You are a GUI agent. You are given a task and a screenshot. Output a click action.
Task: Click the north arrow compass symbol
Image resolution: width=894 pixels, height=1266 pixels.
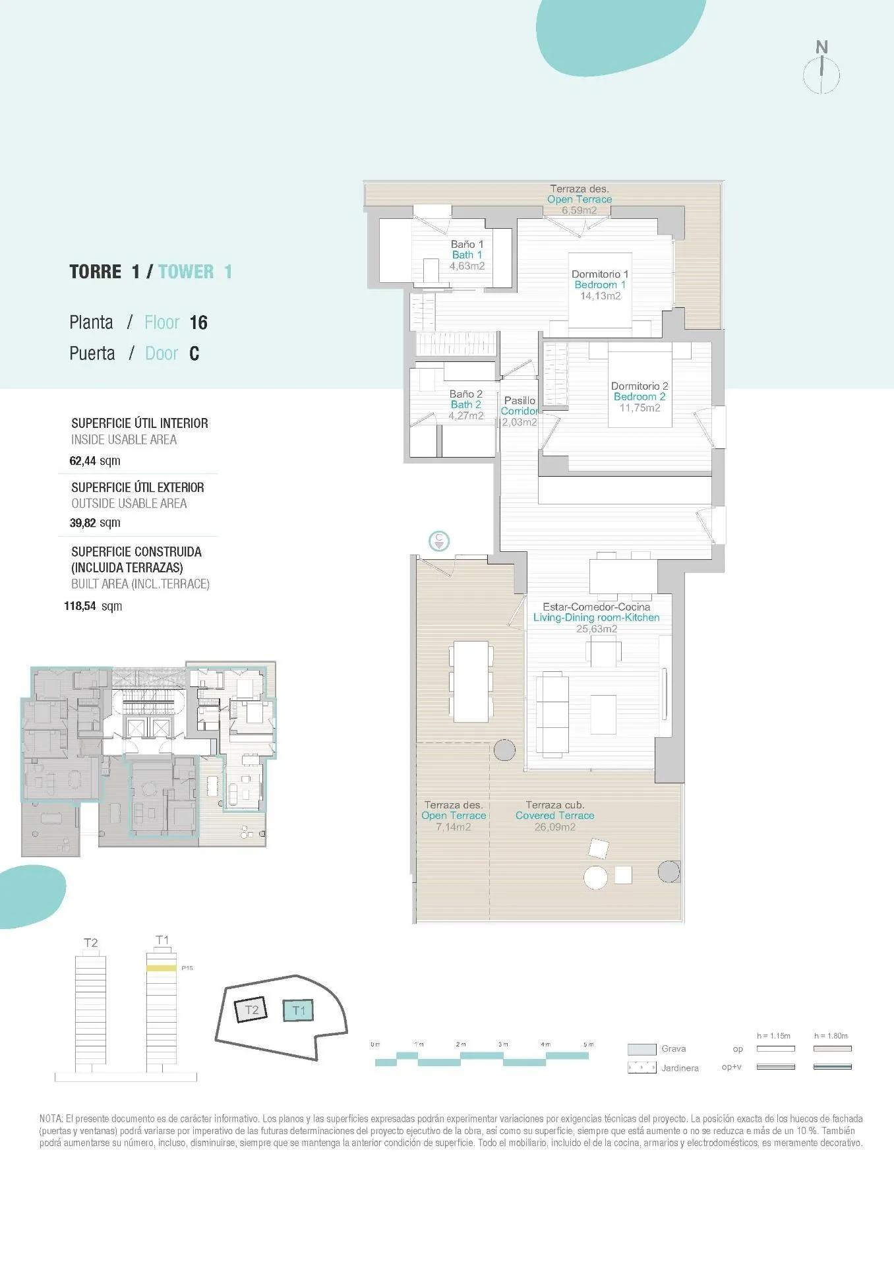(821, 73)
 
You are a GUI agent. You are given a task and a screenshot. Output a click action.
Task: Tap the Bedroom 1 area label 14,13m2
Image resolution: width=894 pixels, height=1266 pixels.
(600, 296)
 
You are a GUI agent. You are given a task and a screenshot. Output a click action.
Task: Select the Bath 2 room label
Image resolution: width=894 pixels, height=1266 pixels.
(465, 404)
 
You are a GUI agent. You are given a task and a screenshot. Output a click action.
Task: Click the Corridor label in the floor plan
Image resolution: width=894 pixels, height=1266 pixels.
(519, 411)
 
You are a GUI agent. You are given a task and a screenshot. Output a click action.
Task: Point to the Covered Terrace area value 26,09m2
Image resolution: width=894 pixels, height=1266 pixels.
(554, 827)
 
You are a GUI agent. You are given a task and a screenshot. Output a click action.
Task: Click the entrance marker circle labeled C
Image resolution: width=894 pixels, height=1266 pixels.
(439, 541)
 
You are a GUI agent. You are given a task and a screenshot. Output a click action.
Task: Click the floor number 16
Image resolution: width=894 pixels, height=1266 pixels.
(198, 322)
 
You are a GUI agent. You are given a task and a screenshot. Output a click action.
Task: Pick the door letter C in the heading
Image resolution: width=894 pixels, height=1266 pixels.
(194, 353)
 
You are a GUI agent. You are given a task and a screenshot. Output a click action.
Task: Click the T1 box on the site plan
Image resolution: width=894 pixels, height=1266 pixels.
(299, 1010)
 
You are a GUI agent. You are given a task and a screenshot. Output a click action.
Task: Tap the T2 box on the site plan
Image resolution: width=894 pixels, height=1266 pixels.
(251, 1010)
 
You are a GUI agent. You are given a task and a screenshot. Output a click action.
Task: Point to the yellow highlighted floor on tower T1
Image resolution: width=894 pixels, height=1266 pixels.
(162, 968)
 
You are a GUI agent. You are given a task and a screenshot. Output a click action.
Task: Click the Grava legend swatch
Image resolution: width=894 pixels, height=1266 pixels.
(641, 1049)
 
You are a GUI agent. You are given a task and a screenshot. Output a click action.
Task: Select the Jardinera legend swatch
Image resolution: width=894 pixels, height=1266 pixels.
(641, 1068)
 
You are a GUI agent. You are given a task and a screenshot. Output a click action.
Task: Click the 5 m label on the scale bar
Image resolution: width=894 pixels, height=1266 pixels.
(588, 1044)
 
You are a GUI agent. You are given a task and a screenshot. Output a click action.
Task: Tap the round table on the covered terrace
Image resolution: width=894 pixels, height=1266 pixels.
(596, 877)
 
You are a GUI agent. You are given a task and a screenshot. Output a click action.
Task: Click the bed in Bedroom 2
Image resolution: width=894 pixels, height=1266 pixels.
(640, 389)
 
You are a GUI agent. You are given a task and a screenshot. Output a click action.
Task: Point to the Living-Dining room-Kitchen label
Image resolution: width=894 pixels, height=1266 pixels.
(596, 618)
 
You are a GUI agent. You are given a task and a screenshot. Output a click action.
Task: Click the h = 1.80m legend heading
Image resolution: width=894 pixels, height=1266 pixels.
(831, 1036)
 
